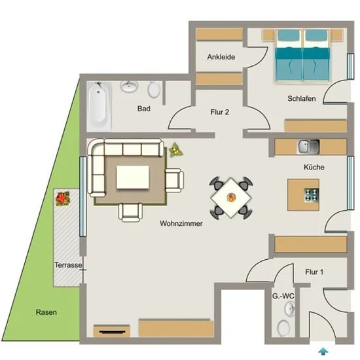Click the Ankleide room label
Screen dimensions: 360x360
pos(221,57)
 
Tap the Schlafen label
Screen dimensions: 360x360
pos(302,98)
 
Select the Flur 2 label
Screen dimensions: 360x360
pos(220,112)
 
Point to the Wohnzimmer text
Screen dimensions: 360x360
pos(181,223)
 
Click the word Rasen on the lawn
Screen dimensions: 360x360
pos(46,312)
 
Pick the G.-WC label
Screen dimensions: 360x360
pos(283,296)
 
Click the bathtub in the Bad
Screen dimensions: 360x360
pos(99,105)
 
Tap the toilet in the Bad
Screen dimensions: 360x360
pos(154,90)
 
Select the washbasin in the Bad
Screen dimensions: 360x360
pos(129,86)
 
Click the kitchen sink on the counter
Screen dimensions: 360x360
pos(308,147)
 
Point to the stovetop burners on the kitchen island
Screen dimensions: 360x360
pos(312,195)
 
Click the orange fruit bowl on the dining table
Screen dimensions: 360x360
pos(231,197)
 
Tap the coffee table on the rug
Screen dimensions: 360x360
pos(133,177)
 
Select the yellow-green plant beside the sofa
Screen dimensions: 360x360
pos(175,150)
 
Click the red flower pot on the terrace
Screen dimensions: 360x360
pos(62,199)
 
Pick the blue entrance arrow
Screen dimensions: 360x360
pos(323,351)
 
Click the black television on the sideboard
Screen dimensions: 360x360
pos(113,332)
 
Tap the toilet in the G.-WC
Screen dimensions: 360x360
pos(284,329)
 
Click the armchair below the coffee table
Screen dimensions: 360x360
pos(130,213)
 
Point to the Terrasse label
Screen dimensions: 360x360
pos(68,265)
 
